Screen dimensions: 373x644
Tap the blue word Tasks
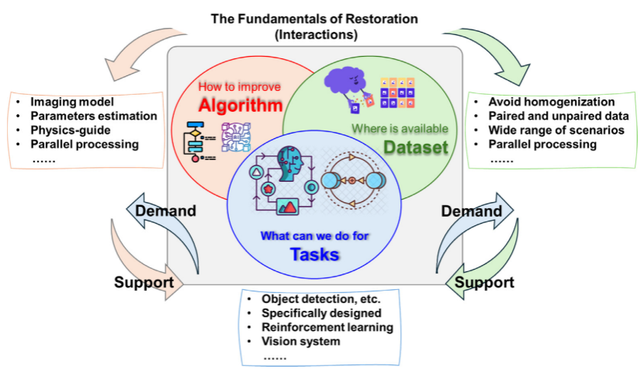pyautogui.click(x=315, y=253)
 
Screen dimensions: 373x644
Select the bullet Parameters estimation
pyautogui.click(x=94, y=116)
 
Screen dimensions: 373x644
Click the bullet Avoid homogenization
pyautogui.click(x=551, y=102)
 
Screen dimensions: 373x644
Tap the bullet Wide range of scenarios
pyautogui.click(x=556, y=130)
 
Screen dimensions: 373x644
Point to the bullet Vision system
pyautogui.click(x=301, y=341)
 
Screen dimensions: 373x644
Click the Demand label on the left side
pyautogui.click(x=164, y=211)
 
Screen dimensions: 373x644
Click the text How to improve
pyautogui.click(x=239, y=87)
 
